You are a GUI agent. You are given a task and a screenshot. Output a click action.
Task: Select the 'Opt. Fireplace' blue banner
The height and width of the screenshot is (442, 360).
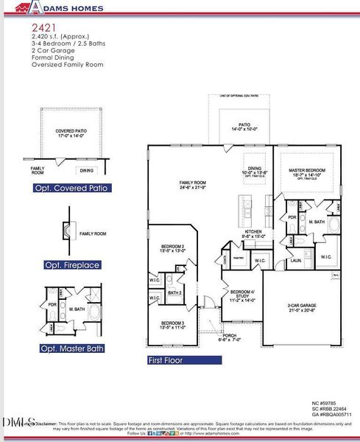[71, 265]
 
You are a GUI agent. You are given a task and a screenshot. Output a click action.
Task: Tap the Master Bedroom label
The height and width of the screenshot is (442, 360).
[307, 172]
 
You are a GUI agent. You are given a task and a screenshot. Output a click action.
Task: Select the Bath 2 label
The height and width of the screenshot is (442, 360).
[174, 293]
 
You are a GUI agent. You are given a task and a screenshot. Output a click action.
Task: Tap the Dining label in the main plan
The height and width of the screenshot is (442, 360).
[255, 169]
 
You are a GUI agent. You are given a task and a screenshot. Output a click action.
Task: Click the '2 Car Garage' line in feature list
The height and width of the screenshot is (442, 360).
[53, 50]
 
